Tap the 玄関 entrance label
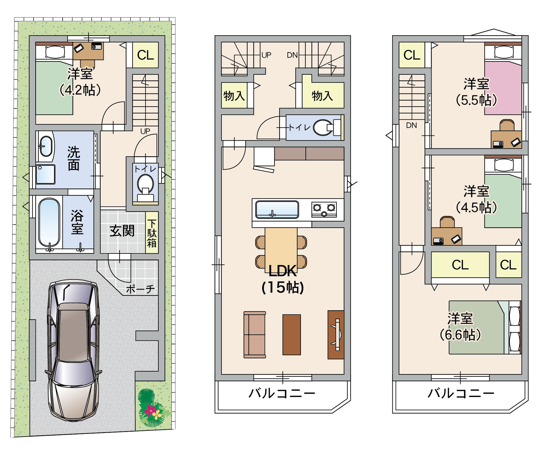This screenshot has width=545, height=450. click(122, 231)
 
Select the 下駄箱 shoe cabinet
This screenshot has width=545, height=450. click(152, 233)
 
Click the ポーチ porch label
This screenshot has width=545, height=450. click(140, 289)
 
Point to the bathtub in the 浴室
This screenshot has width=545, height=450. click(49, 223)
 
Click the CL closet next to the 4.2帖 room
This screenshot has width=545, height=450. click(145, 55)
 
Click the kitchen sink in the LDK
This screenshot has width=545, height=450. click(277, 210)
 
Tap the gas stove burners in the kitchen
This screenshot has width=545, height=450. click(324, 210)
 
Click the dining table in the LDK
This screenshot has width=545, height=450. click(281, 250)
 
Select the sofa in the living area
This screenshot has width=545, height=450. click(255, 334)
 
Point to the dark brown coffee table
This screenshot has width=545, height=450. click(292, 334)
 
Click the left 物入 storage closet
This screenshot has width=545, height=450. click(234, 95)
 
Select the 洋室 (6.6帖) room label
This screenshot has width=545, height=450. click(460, 327)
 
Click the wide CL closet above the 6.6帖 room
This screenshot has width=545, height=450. click(460, 265)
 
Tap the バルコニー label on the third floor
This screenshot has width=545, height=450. click(461, 393)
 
